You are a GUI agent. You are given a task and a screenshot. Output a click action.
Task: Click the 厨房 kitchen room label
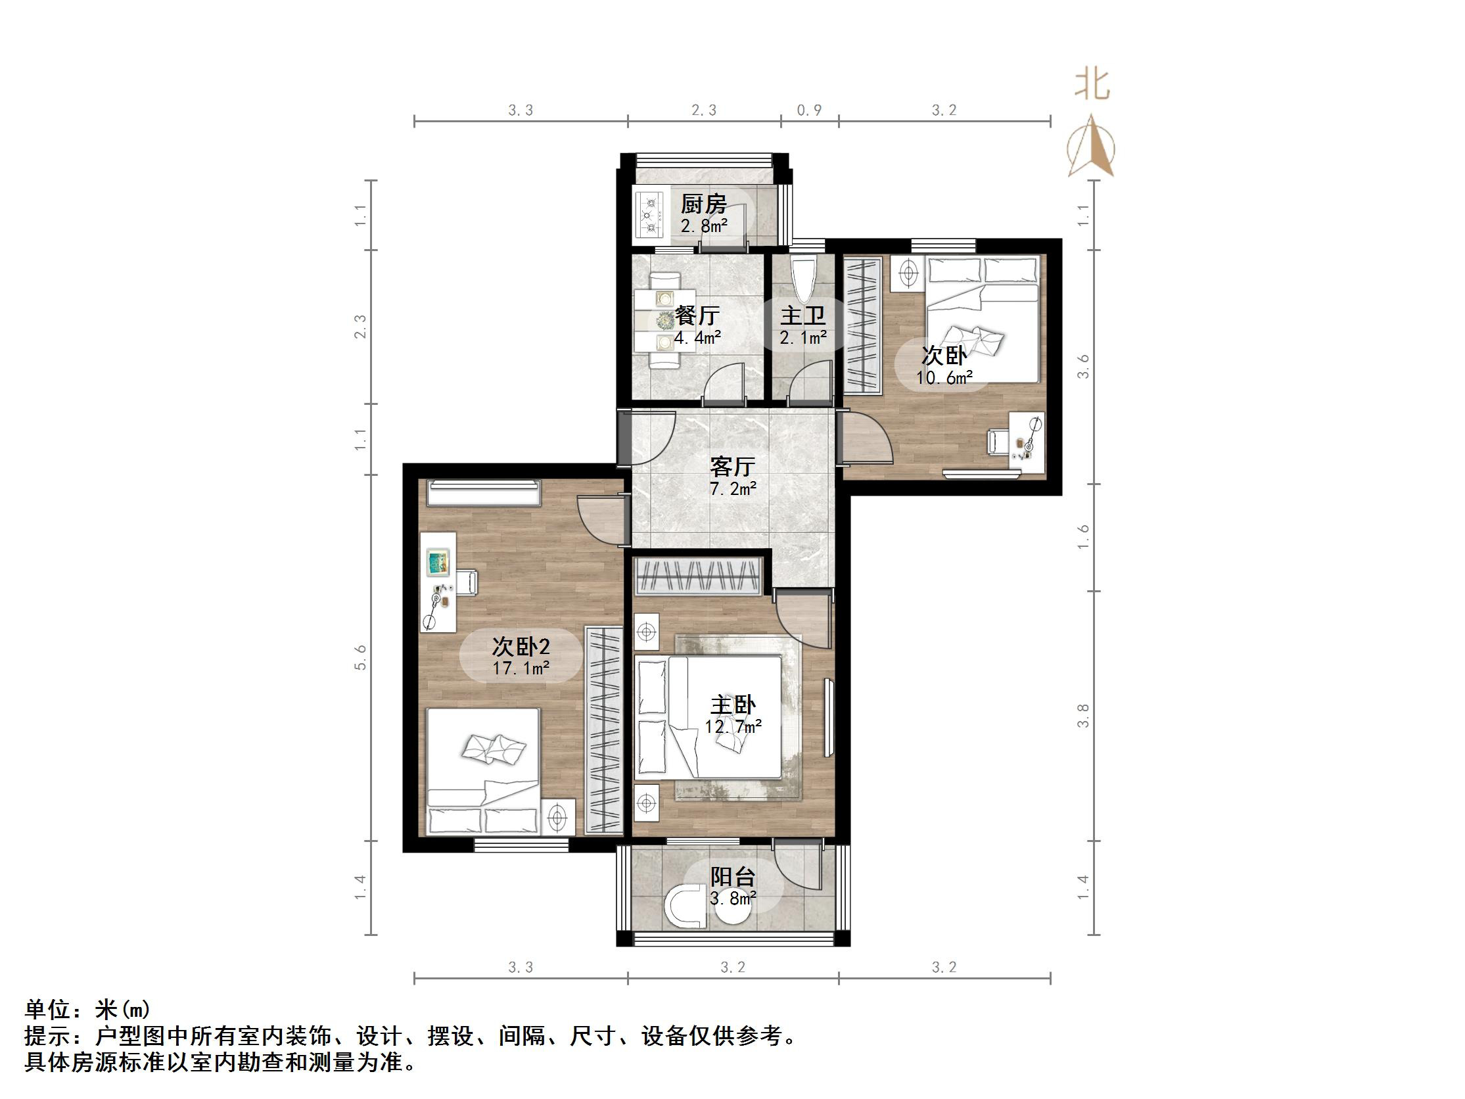703,204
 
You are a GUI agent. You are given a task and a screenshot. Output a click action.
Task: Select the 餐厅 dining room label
697,316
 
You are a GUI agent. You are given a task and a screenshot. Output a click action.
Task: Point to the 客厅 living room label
732,467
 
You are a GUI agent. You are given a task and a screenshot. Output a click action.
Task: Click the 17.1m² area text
521,668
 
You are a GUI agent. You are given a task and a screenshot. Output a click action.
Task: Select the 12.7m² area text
732,726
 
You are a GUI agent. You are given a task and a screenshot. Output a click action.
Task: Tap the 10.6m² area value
944,377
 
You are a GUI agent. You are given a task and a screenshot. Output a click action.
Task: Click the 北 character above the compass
1092,85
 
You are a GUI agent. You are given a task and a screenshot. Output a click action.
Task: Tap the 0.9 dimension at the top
808,110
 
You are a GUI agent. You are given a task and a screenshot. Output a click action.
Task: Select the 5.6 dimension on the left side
360,658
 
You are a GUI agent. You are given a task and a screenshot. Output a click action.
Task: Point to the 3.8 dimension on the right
1083,715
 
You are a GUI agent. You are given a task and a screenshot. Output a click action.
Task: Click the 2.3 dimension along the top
704,110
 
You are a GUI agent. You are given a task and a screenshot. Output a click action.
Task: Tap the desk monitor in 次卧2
438,563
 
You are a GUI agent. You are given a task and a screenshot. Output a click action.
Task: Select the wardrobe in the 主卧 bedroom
698,575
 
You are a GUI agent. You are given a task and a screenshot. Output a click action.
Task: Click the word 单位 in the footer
47,1010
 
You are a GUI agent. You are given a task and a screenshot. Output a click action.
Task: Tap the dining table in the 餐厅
664,320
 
